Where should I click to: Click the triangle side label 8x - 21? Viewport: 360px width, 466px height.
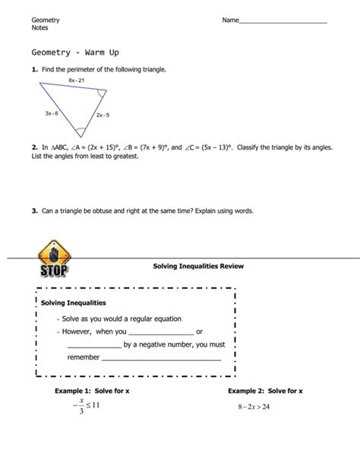click(x=76, y=80)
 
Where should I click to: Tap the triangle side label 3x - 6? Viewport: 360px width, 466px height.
click(x=52, y=113)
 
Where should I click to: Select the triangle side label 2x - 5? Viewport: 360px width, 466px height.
click(x=103, y=115)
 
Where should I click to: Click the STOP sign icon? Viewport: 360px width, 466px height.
click(x=51, y=260)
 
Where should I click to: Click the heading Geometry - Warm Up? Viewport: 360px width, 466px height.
click(x=75, y=53)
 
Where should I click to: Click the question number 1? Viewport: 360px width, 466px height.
click(x=34, y=69)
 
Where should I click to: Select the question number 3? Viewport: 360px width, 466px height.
click(x=34, y=211)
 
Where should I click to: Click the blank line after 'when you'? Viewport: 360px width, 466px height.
click(x=162, y=331)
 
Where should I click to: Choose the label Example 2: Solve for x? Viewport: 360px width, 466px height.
click(x=265, y=391)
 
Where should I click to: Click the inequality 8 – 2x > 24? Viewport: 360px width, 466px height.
click(x=254, y=406)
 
